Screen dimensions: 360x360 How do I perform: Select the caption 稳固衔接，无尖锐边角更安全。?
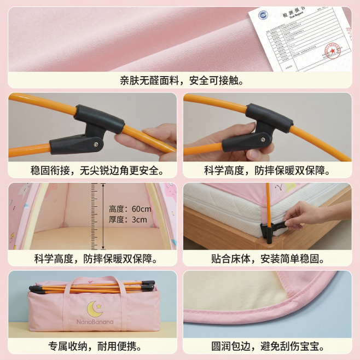tap(92, 170)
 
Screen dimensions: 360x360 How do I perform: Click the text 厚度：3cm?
tap(127, 219)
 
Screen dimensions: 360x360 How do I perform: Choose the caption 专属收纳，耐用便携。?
tap(92, 346)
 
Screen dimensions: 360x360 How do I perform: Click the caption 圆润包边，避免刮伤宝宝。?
tap(268, 346)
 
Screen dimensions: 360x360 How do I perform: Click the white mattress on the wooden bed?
tap(230, 208)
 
